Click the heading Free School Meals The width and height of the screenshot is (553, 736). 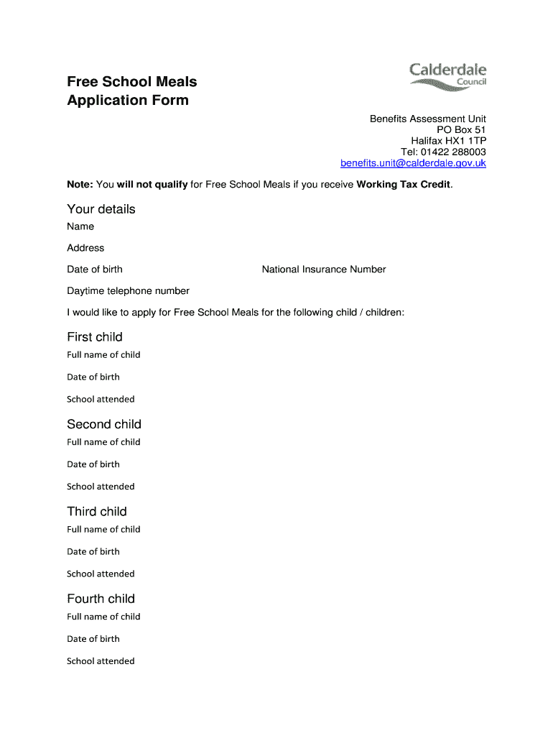[131, 82]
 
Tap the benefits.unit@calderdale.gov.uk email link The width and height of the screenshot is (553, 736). [413, 163]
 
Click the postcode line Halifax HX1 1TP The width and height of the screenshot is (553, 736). [448, 141]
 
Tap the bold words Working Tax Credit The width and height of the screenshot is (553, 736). [403, 185]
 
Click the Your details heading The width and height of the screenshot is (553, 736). [101, 209]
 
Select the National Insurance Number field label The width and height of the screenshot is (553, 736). [324, 270]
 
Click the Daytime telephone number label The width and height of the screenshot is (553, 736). [128, 291]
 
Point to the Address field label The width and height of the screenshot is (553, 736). [85, 248]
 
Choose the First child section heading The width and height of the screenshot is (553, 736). [95, 337]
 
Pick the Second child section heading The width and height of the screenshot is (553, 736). [104, 424]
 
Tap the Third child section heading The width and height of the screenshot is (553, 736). [97, 512]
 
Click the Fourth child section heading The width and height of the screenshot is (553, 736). [101, 599]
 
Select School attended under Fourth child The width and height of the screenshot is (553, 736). [101, 661]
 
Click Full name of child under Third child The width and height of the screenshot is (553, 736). [103, 530]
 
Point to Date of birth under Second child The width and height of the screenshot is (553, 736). [93, 464]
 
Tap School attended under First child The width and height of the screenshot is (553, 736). [101, 400]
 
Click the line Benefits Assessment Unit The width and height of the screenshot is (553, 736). [428, 119]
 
